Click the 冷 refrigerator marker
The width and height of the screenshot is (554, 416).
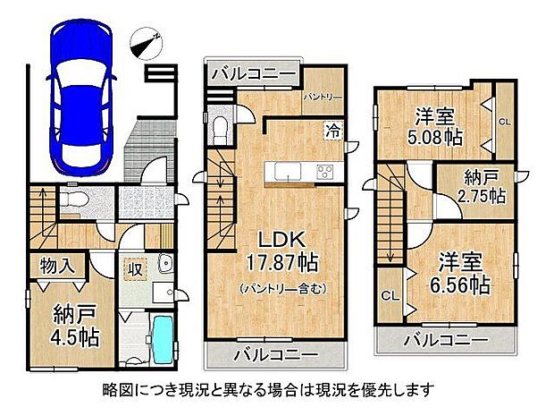(x=332, y=131)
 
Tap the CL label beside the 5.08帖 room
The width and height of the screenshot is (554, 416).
(x=505, y=121)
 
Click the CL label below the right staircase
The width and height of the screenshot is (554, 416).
(x=390, y=296)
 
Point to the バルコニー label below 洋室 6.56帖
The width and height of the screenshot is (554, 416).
(x=445, y=339)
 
